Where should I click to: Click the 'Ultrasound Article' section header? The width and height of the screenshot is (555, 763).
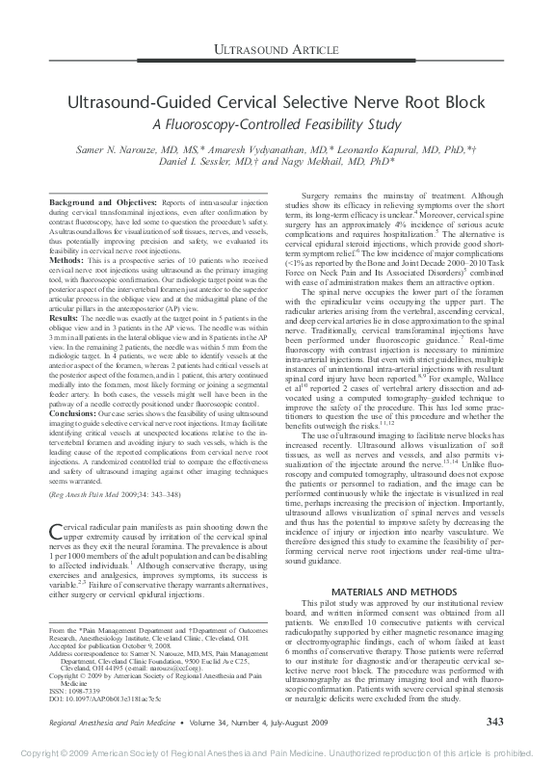(x=277, y=47)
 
